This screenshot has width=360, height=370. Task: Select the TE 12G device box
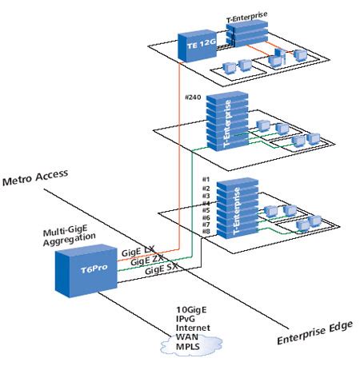tap(194, 46)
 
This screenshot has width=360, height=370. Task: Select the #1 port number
tap(206, 179)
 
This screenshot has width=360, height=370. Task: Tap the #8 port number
tap(206, 233)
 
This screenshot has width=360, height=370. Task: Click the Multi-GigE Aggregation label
tap(70, 234)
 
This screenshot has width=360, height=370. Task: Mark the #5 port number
tap(206, 210)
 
